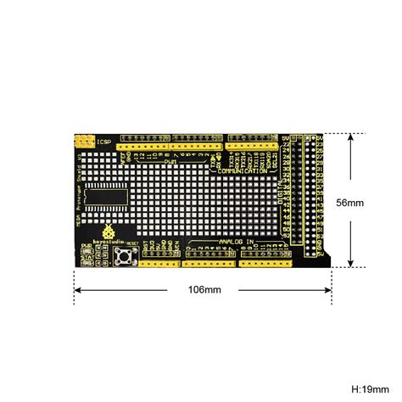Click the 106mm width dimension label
[204, 289]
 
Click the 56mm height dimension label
[349, 203]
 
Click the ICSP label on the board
[103, 141]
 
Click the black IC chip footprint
[105, 195]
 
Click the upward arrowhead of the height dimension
[349, 137]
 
